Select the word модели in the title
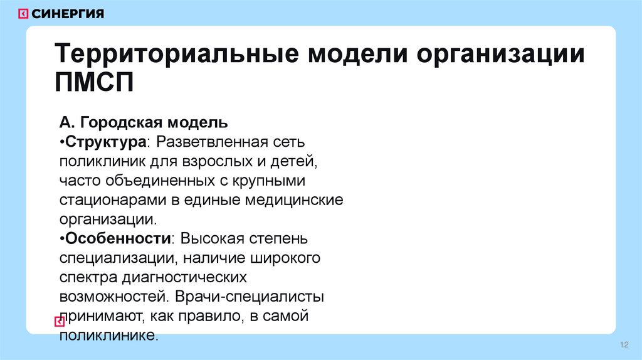[355, 55]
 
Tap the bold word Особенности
[118, 239]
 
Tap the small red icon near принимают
[60, 322]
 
